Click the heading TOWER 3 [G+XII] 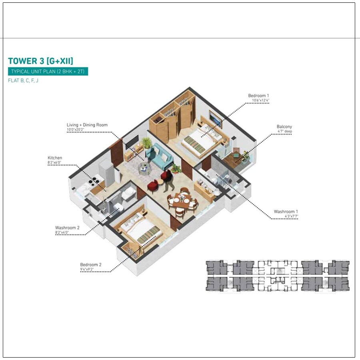[40, 61]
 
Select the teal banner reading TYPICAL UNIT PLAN [48, 72]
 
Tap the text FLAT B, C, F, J [23, 80]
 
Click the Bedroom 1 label [258, 96]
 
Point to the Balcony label [284, 127]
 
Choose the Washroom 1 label [286, 211]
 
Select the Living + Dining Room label [87, 125]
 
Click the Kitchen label [55, 158]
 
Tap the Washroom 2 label [68, 228]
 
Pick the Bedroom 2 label [91, 264]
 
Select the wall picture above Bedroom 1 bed [215, 118]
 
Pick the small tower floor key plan [278, 276]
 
